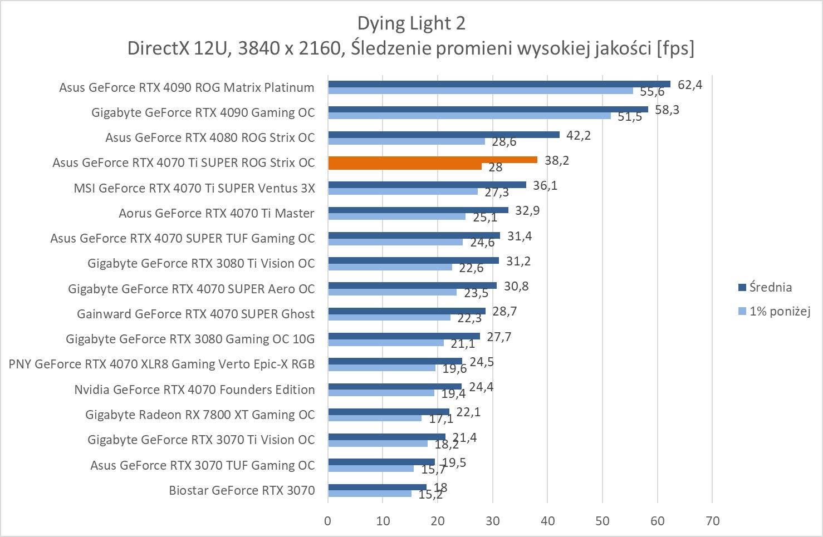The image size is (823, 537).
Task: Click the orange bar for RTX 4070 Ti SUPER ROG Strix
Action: tap(433, 160)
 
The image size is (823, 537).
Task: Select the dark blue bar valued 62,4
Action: tap(499, 84)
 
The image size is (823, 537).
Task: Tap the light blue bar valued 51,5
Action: tap(469, 116)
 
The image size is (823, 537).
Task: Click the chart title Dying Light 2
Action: tap(411, 23)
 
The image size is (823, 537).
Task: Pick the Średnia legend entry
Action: tap(770, 287)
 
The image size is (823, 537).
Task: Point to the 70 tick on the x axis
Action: tap(712, 521)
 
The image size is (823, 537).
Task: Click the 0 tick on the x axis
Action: tap(328, 521)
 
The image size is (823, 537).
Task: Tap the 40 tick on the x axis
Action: tap(547, 521)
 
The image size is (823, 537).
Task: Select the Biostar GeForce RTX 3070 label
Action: tap(242, 490)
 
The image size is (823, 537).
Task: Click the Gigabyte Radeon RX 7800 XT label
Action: tap(200, 415)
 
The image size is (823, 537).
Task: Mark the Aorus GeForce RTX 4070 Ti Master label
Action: tap(216, 213)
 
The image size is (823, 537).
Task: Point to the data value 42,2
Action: tap(578, 135)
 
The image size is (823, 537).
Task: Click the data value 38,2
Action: tap(557, 160)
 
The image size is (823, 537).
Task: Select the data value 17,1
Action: tap(441, 418)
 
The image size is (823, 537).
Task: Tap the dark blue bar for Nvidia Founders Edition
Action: tap(394, 386)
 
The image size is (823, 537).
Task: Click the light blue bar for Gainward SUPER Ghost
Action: tap(389, 317)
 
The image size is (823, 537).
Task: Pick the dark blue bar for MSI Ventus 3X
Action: tap(427, 185)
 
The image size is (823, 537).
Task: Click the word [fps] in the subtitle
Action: tap(675, 48)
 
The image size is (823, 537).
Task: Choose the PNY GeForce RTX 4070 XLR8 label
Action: tap(161, 364)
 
